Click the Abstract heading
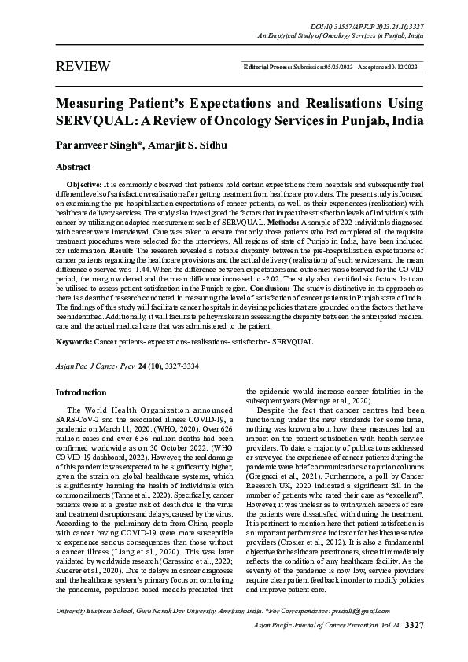[x=72, y=167]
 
